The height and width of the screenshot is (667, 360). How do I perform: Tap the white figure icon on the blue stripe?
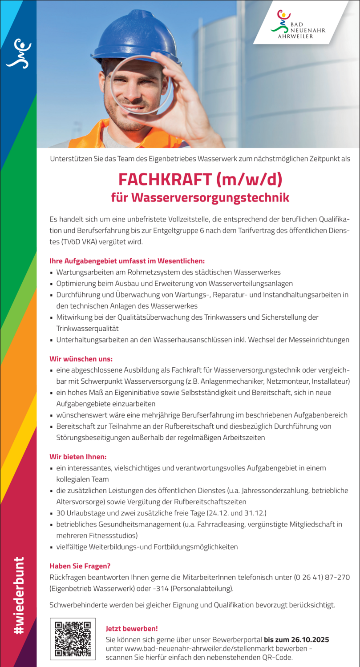tap(18, 53)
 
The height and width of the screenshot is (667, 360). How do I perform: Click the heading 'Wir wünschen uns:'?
tap(81, 358)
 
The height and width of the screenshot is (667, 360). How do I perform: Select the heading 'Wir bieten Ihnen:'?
tap(78, 457)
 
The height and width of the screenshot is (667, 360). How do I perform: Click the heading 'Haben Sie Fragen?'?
tap(80, 566)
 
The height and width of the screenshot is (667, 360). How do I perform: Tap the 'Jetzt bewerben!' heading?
tap(132, 629)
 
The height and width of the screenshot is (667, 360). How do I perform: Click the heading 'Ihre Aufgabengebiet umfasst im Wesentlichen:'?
tap(127, 261)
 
